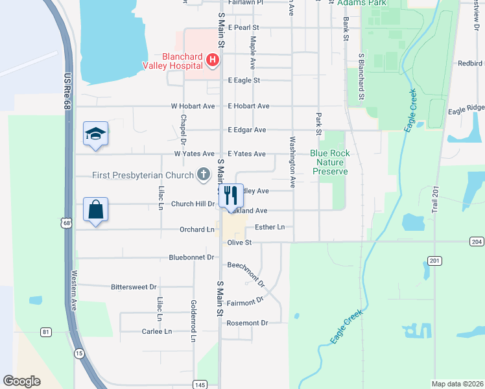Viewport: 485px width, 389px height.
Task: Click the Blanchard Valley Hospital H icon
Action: pyautogui.click(x=211, y=61)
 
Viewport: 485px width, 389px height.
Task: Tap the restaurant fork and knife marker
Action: pyautogui.click(x=231, y=194)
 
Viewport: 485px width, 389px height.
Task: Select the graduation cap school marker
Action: pyautogui.click(x=96, y=134)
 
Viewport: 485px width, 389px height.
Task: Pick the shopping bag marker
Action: pyautogui.click(x=96, y=210)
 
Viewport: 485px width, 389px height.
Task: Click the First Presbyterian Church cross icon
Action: pyautogui.click(x=204, y=174)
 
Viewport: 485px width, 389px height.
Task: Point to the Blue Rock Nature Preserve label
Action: pyautogui.click(x=330, y=162)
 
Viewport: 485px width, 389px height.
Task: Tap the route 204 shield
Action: pyautogui.click(x=477, y=241)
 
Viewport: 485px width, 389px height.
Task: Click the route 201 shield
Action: pyautogui.click(x=434, y=261)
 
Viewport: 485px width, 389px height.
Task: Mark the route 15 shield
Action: pyautogui.click(x=79, y=353)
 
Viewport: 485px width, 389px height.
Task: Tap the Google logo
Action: pyautogui.click(x=21, y=381)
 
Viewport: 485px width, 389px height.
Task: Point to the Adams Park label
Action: pyautogui.click(x=362, y=3)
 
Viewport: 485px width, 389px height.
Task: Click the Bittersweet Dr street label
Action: pyautogui.click(x=134, y=287)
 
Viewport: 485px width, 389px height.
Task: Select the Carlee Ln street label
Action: pyautogui.click(x=157, y=331)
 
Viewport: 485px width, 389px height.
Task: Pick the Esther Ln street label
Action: pyautogui.click(x=270, y=227)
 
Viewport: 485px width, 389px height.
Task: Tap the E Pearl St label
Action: pyautogui.click(x=243, y=28)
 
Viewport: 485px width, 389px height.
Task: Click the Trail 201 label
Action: pyautogui.click(x=435, y=198)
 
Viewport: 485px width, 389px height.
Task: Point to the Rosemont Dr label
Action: pyautogui.click(x=247, y=323)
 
